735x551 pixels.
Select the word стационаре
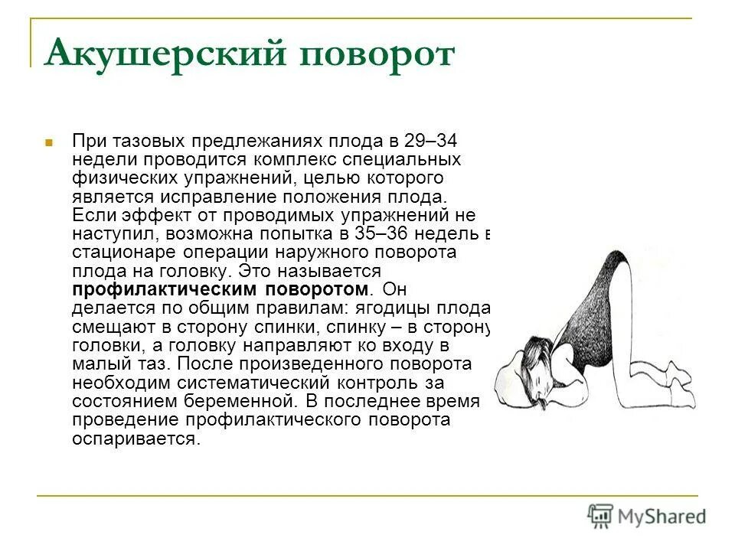(121, 253)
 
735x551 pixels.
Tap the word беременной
(247, 399)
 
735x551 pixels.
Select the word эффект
(153, 216)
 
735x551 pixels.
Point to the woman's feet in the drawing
(678, 386)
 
